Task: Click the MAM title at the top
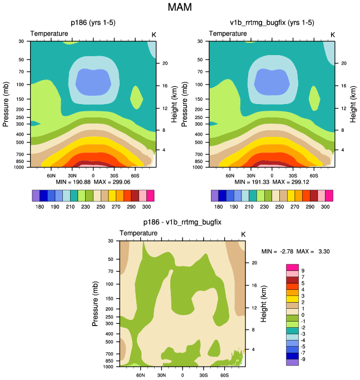180,8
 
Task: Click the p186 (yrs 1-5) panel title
93,23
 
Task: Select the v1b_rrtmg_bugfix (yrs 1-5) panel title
272,23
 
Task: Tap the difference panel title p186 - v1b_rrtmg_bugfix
182,223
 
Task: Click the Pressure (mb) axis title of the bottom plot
96,304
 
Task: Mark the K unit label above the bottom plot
243,233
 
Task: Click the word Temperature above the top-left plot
50,34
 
